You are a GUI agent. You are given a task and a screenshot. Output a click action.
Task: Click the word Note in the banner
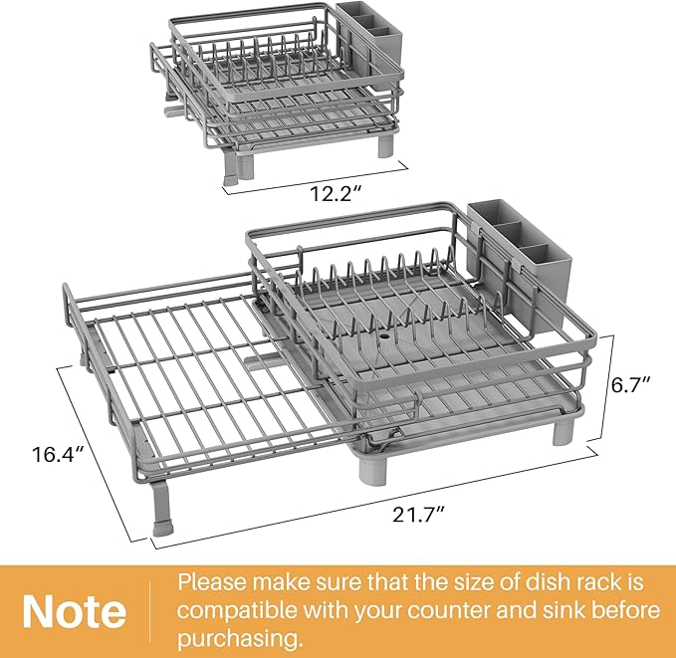(75, 610)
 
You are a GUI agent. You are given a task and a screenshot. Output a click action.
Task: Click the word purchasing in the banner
(240, 636)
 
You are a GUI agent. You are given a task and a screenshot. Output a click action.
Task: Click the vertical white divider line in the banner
(149, 610)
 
